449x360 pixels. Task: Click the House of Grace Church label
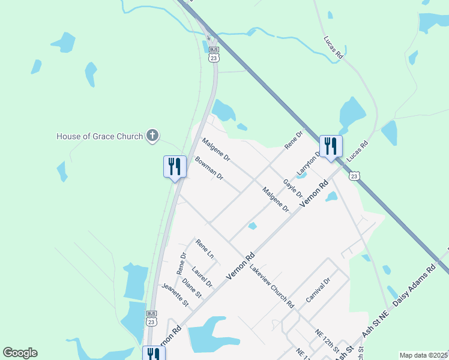(100, 136)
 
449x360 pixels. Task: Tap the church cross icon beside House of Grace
(152, 136)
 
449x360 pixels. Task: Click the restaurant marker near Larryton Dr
(331, 146)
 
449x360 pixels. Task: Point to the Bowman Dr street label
(209, 169)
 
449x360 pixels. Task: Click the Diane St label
(192, 287)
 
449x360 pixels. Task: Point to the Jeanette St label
(175, 296)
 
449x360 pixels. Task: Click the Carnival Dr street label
(318, 290)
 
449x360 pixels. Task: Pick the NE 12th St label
(327, 340)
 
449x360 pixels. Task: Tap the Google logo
(20, 353)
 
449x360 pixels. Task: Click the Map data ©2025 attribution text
(424, 355)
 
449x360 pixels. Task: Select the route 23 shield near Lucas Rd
(354, 176)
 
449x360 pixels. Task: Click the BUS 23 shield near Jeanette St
(152, 318)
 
